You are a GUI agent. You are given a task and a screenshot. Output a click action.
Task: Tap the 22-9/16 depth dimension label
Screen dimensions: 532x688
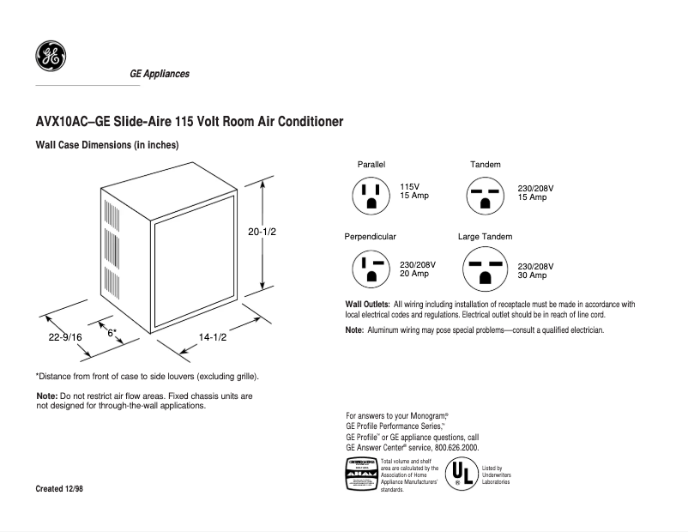pos(65,337)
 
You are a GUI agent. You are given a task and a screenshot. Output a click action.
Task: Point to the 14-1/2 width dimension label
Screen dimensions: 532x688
pos(212,337)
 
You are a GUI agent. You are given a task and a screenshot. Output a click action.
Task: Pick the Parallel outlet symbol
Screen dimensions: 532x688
pos(371,195)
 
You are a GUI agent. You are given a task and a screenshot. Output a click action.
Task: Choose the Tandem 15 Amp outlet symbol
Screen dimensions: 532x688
pos(486,195)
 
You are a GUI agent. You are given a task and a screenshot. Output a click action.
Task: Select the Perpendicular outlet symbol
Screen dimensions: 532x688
pos(371,269)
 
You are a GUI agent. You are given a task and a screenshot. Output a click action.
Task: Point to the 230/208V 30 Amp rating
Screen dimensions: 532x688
pos(536,271)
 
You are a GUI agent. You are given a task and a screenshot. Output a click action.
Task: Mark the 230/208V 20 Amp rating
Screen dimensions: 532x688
pos(418,269)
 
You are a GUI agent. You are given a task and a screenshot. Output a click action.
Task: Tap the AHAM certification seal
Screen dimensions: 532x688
pos(360,475)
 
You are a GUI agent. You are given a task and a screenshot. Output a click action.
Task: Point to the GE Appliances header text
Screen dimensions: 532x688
pos(160,74)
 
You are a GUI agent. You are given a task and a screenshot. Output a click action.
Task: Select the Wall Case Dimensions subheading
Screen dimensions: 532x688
pos(106,146)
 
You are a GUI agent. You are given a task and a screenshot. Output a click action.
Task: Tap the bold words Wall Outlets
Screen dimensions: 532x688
pos(367,305)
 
